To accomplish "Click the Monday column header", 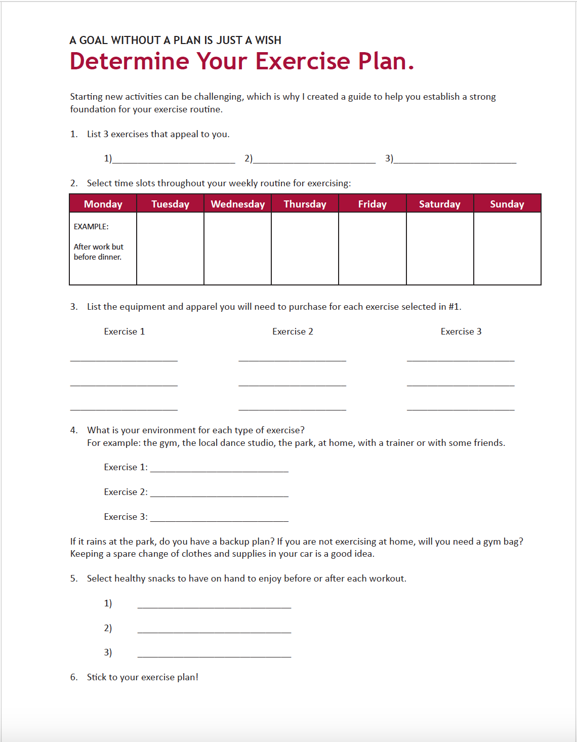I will (x=103, y=204).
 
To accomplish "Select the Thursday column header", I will (x=305, y=204).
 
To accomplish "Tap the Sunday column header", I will (x=507, y=204).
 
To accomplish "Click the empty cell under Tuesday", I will (x=170, y=249).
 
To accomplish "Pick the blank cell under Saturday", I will (x=439, y=249).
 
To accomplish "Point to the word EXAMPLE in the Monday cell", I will (x=91, y=227).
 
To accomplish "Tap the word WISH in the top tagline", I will (x=268, y=40).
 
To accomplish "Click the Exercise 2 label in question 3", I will (x=293, y=332).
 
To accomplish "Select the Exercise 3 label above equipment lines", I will (x=461, y=332).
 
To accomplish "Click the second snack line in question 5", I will (x=214, y=630).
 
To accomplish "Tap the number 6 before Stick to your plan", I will (x=73, y=677).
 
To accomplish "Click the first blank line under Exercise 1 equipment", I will (x=124, y=359).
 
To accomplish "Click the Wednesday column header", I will (x=238, y=204).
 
